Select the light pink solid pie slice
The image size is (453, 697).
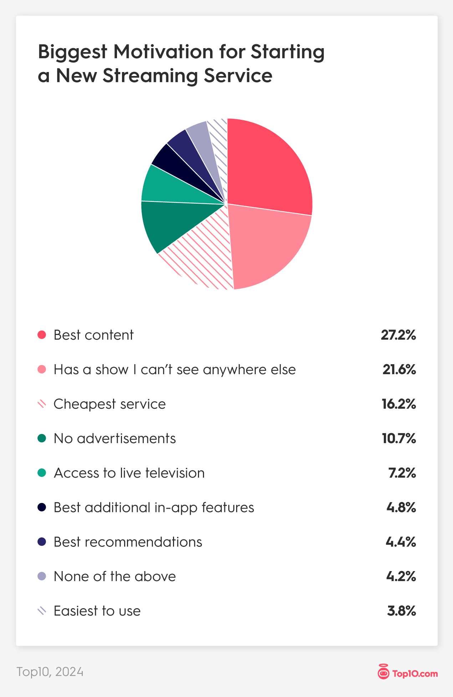pos(268,246)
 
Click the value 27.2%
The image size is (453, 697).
pos(398,335)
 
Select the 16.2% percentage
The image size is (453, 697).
pos(398,404)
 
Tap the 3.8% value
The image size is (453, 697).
pos(401,611)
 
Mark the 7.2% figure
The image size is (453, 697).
pos(402,473)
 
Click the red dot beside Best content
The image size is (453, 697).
pos(42,335)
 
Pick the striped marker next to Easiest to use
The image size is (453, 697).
pos(42,611)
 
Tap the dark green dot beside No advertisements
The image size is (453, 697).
pos(42,438)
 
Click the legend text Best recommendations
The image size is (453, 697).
pos(128,542)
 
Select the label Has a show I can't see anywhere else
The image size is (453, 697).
pos(174,370)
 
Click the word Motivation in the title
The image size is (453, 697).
pos(163,52)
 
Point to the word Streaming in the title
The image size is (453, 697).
pos(150,76)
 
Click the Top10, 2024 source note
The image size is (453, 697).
pos(50,672)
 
